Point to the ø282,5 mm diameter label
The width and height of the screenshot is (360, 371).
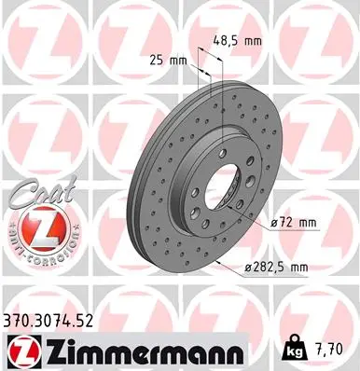(275, 268)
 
